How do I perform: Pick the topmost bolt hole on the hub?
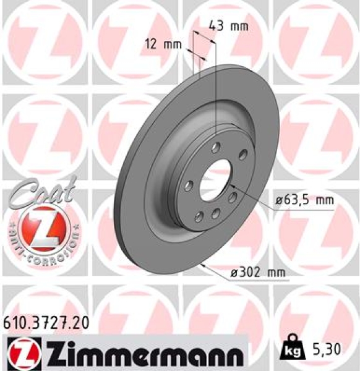coord(215,147)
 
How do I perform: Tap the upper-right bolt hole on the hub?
coord(242,155)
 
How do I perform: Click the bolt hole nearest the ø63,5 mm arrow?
coord(233,197)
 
